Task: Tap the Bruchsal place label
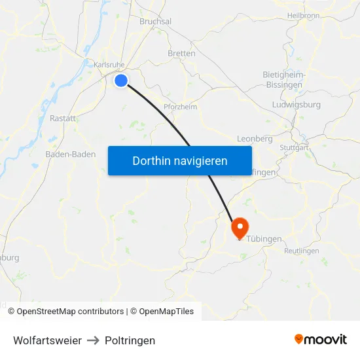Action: tap(155, 22)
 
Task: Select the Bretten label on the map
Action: tap(181, 54)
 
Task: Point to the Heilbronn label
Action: tap(303, 15)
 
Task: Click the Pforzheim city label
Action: tap(180, 107)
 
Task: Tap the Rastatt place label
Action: tap(63, 118)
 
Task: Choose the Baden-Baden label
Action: tap(70, 154)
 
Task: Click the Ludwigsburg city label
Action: tap(295, 105)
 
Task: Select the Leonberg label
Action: tap(254, 139)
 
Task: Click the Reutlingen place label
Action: tap(302, 251)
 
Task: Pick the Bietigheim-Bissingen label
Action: tap(285, 79)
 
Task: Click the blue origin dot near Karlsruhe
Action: tap(121, 81)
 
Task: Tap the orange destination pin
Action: tap(240, 227)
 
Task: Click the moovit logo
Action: tap(321, 340)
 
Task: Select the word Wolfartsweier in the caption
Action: tap(47, 340)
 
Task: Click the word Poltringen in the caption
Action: tap(130, 340)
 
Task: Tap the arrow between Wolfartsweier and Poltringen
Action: tap(93, 340)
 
